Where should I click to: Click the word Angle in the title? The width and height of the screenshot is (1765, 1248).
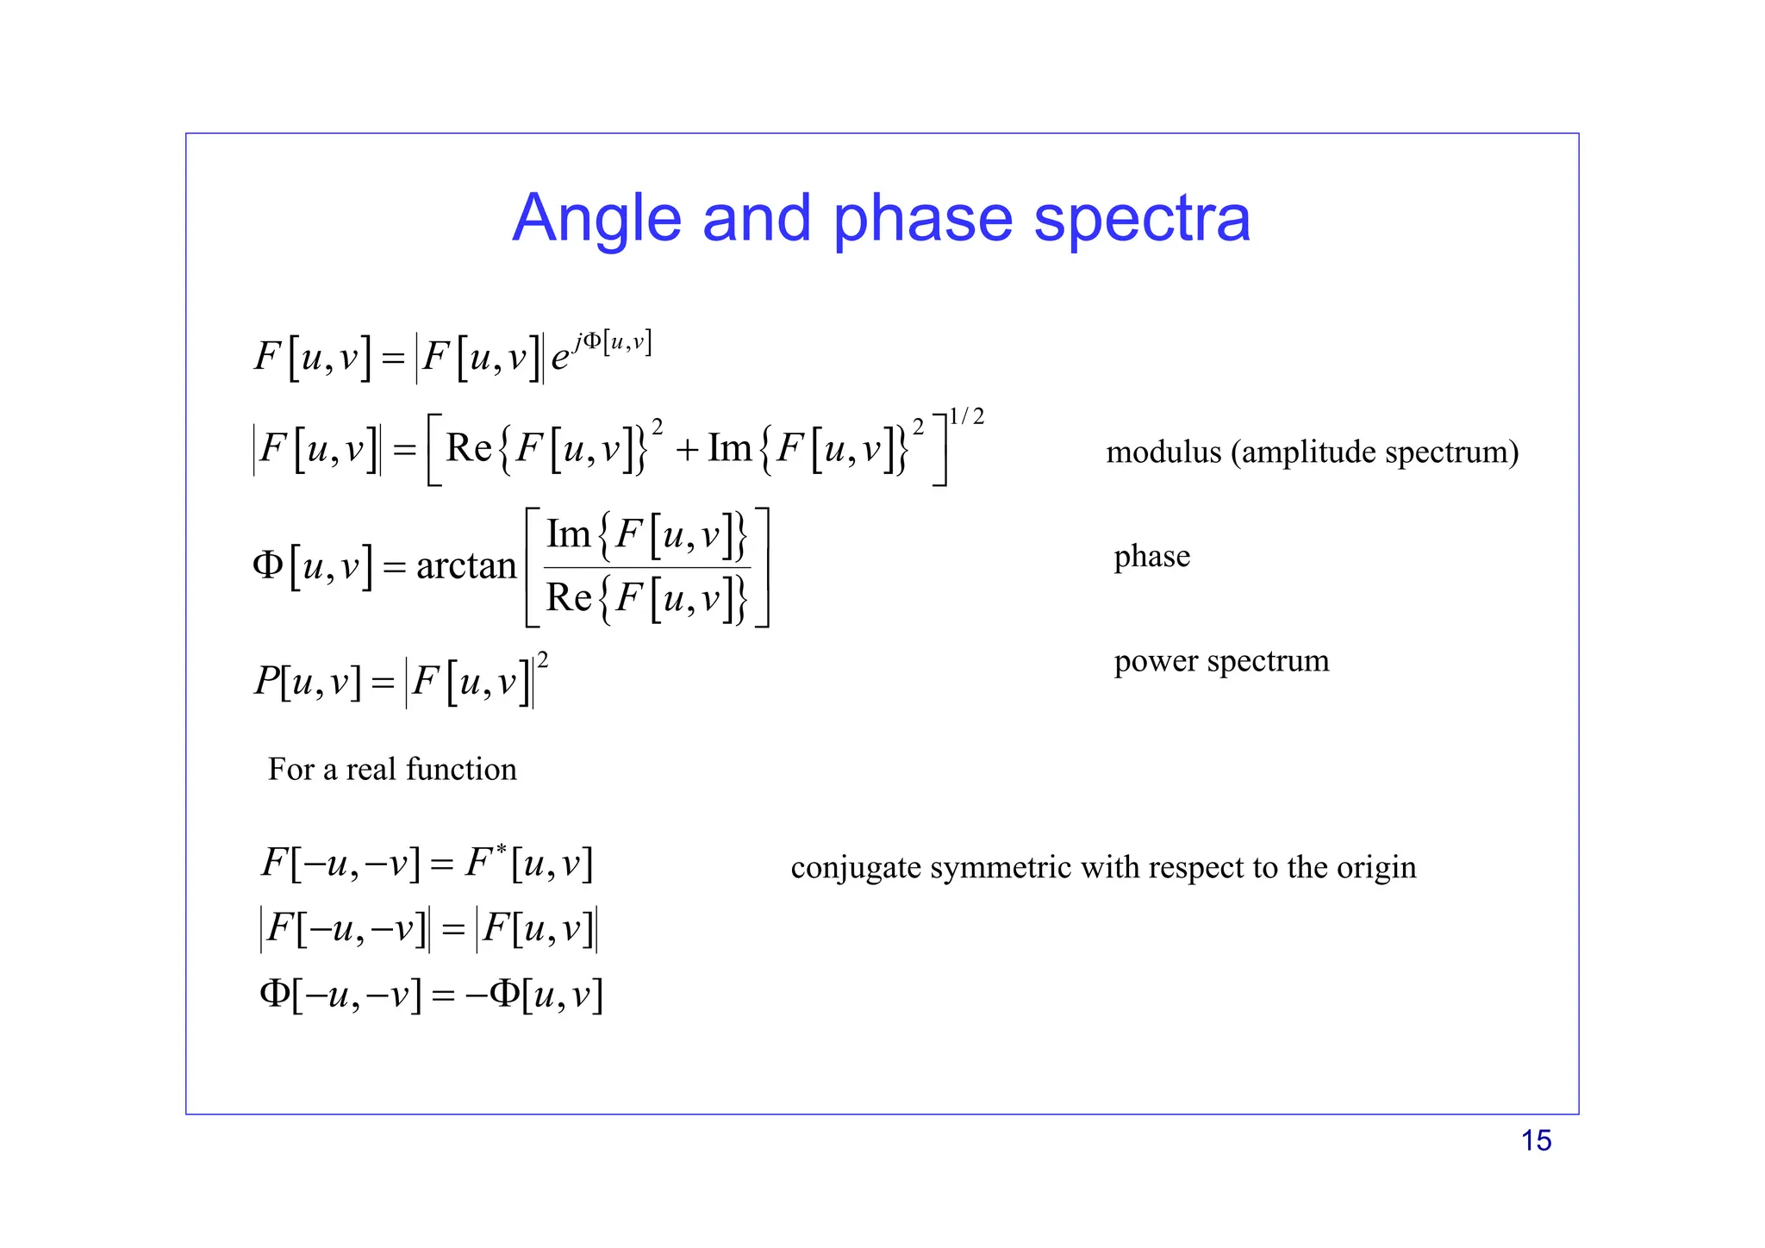pyautogui.click(x=597, y=220)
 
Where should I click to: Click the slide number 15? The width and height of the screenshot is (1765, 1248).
pyautogui.click(x=1536, y=1140)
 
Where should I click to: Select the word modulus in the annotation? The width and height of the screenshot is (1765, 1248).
pyautogui.click(x=1163, y=452)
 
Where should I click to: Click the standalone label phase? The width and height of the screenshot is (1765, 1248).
pyautogui.click(x=1151, y=557)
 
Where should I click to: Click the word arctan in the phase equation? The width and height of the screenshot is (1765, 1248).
pyautogui.click(x=465, y=566)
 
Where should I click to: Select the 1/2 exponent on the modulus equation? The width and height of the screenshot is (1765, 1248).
pyautogui.click(x=966, y=417)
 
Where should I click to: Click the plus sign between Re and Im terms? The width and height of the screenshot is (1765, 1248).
pyautogui.click(x=686, y=450)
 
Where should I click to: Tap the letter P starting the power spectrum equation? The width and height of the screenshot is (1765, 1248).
pyautogui.click(x=265, y=682)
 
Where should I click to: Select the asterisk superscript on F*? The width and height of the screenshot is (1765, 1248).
pyautogui.click(x=501, y=849)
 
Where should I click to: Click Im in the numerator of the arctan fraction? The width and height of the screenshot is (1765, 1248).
pyautogui.click(x=568, y=534)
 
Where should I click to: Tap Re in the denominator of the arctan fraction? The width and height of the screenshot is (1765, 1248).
pyautogui.click(x=569, y=597)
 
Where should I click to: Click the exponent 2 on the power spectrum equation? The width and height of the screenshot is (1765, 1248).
pyautogui.click(x=543, y=661)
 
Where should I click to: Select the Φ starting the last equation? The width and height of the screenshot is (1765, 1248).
pyautogui.click(x=275, y=994)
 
